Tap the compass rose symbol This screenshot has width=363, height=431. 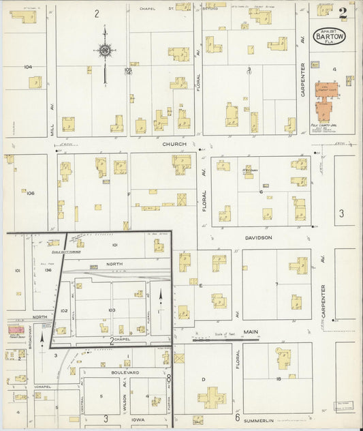[104, 50]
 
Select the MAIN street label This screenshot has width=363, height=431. [251, 332]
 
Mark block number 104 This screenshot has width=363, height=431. [27, 67]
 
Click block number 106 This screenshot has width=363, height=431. [30, 193]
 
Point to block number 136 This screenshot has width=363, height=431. [48, 269]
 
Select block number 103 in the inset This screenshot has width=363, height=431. [112, 310]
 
